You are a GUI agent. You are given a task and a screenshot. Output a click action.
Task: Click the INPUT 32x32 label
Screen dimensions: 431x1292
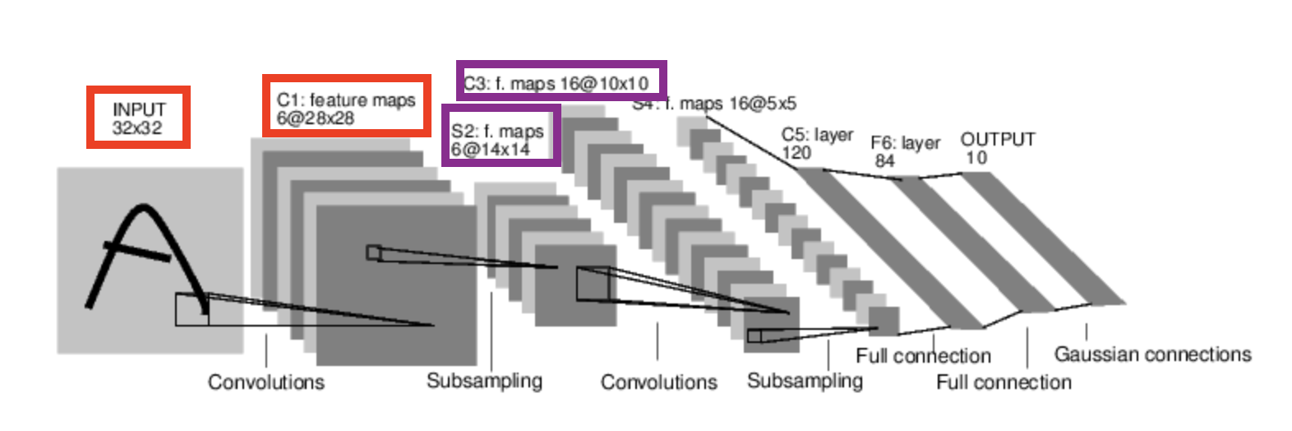tap(138, 118)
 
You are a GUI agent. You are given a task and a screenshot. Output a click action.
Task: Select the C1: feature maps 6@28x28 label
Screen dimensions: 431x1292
tap(346, 109)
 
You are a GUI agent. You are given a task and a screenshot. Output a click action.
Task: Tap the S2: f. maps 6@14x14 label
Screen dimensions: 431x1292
tap(497, 140)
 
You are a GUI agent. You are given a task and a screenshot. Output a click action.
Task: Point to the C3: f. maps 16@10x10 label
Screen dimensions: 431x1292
tap(557, 83)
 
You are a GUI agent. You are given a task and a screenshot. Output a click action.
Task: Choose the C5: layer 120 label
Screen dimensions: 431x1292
tap(816, 143)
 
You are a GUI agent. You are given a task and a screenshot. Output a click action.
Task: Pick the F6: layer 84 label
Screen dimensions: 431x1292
tap(905, 151)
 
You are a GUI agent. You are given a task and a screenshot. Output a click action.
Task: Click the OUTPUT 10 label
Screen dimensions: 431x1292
tap(997, 148)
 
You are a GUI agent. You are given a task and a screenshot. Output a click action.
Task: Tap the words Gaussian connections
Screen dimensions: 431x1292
tap(1152, 355)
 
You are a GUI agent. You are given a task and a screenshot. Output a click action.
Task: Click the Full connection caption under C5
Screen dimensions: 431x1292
tap(923, 356)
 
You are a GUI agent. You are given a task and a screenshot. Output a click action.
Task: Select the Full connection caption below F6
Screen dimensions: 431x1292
tap(1004, 382)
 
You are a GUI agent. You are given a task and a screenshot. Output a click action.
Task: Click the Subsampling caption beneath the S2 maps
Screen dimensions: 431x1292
tap(484, 381)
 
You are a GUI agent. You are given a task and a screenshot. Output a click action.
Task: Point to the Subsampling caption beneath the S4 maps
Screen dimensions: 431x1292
tap(805, 381)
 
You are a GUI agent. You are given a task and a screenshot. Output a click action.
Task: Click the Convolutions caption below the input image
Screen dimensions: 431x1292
tap(265, 382)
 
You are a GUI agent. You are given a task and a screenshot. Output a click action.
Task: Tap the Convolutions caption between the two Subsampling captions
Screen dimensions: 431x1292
tap(658, 382)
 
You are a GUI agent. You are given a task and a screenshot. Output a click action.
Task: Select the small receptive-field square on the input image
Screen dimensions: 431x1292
tap(191, 309)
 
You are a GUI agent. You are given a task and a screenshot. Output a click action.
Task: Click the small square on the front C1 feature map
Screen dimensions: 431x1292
tap(374, 253)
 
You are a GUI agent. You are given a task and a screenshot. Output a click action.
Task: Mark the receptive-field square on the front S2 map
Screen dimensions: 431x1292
tap(593, 284)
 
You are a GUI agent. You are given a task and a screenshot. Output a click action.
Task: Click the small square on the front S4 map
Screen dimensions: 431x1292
tap(754, 336)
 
